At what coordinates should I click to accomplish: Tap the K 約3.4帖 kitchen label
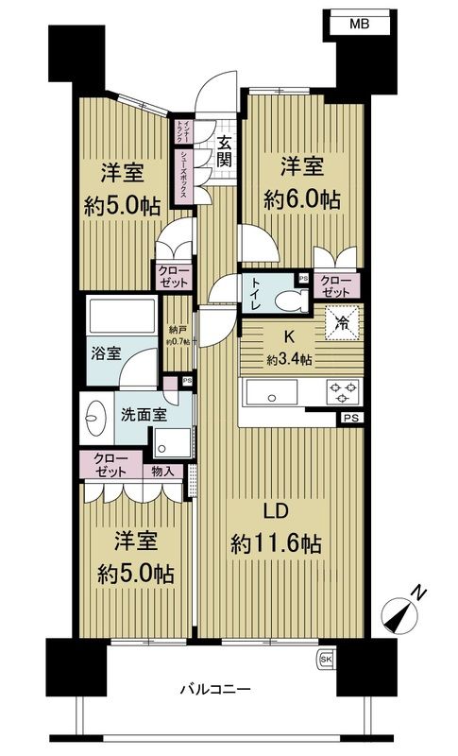point(282,348)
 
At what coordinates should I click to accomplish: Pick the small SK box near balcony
point(326,658)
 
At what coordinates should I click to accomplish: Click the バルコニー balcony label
point(217,690)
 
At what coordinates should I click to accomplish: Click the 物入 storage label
point(161,471)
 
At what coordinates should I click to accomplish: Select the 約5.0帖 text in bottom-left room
point(127,573)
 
